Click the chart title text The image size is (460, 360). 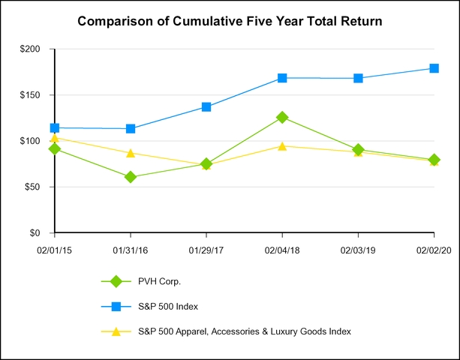coord(230,22)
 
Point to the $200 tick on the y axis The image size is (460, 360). coord(36,49)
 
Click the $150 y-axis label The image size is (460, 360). coord(36,95)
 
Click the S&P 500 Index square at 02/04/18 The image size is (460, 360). coord(282,78)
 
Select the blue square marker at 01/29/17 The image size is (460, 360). coord(206,107)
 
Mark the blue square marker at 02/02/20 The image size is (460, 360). coord(434,68)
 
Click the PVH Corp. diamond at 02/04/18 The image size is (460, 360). coord(282,118)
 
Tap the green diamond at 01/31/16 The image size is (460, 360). coord(131,177)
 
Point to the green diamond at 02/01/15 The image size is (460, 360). coord(55,149)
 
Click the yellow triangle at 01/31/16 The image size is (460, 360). coord(131,153)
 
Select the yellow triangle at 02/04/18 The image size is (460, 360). coord(282,145)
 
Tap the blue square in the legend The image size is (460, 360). coord(116,306)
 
